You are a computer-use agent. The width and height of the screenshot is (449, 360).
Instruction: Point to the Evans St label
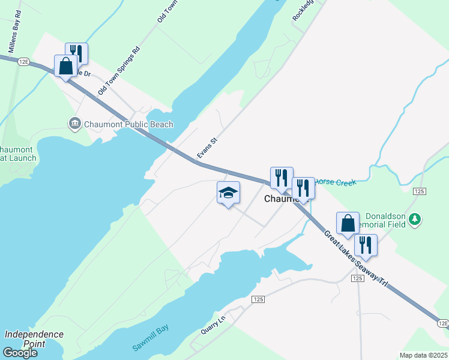tap(206, 149)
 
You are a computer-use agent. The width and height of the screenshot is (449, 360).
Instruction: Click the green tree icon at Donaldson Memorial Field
tap(414, 220)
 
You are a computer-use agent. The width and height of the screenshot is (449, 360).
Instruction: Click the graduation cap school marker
tap(228, 193)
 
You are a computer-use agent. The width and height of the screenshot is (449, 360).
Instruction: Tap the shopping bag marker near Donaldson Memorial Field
tap(348, 223)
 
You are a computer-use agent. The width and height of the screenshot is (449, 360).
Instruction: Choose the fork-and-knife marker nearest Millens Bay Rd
tap(76, 52)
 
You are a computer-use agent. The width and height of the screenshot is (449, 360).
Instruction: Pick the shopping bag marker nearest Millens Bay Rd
tap(65, 65)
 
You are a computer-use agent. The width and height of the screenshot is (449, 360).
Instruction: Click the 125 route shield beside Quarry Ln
tap(258, 299)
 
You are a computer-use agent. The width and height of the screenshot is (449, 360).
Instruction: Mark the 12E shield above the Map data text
tap(443, 323)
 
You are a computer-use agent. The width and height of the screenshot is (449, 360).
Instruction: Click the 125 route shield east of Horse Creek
tap(419, 191)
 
